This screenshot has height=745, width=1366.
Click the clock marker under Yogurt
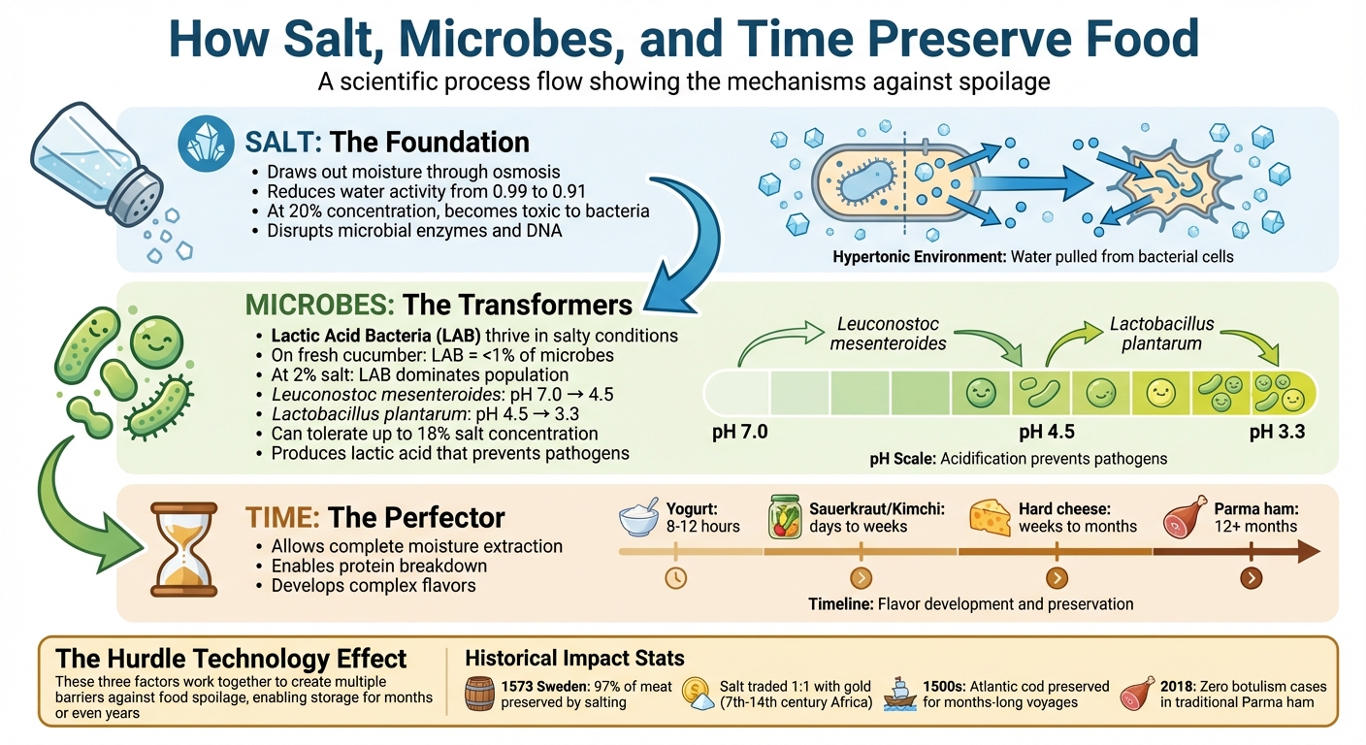click(675, 578)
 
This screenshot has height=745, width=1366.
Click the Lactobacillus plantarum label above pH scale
click(1161, 333)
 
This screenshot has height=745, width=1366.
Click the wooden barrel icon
click(479, 694)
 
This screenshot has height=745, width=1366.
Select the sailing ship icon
click(901, 693)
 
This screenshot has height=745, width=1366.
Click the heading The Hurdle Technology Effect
click(232, 659)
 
